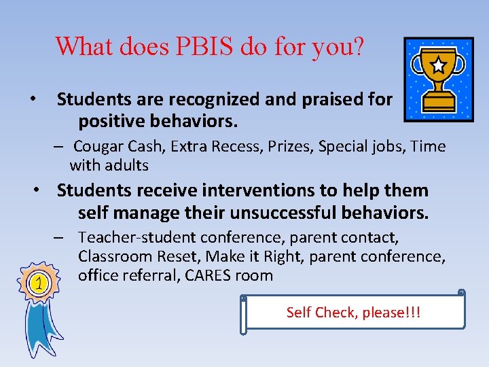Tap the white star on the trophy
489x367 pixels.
[x=439, y=65]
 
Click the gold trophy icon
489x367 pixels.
[x=437, y=79]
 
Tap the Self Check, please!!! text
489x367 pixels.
[x=353, y=312]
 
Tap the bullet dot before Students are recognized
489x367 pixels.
[x=33, y=100]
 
